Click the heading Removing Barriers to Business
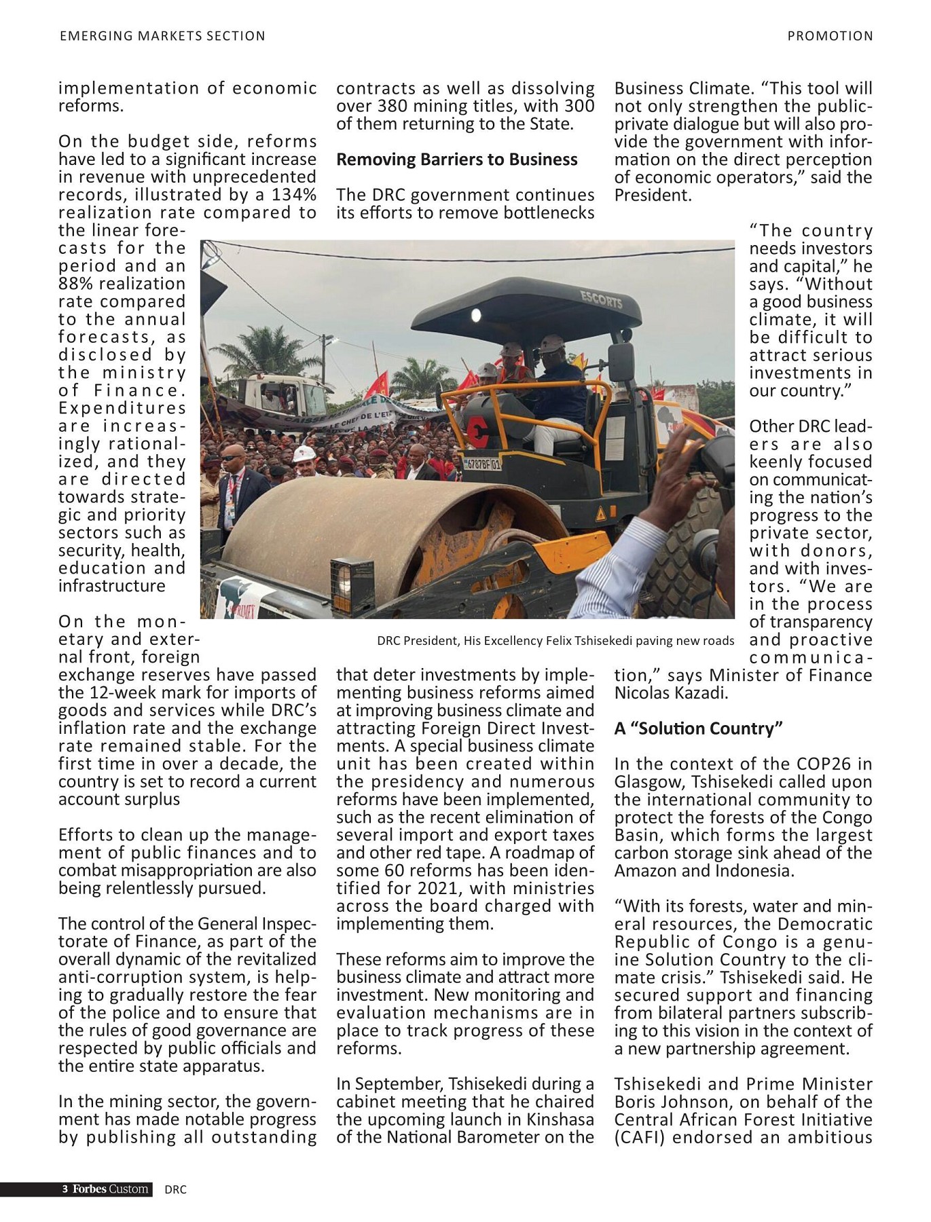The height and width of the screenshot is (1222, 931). pyautogui.click(x=456, y=160)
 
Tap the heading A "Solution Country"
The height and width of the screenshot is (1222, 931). pyautogui.click(x=698, y=728)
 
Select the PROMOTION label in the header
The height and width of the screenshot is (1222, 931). pyautogui.click(x=830, y=36)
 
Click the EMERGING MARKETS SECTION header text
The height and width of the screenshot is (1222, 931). pyautogui.click(x=162, y=36)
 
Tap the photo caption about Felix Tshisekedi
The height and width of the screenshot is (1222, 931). pyautogui.click(x=555, y=641)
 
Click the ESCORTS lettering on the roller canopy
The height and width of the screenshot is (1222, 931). pyautogui.click(x=601, y=299)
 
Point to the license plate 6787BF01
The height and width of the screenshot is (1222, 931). pyautogui.click(x=481, y=464)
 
